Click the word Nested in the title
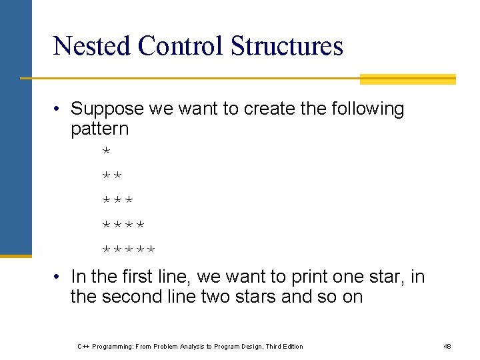pyautogui.click(x=91, y=46)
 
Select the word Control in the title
pyautogui.click(x=181, y=46)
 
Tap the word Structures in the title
pyautogui.click(x=287, y=46)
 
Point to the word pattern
pyautogui.click(x=99, y=128)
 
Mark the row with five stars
pyautogui.click(x=129, y=250)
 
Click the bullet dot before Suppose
pyautogui.click(x=59, y=109)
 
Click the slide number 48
pyautogui.click(x=447, y=346)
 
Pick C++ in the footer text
pyautogui.click(x=84, y=346)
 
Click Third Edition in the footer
pyautogui.click(x=284, y=346)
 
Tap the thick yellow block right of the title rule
pyautogui.click(x=407, y=79)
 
